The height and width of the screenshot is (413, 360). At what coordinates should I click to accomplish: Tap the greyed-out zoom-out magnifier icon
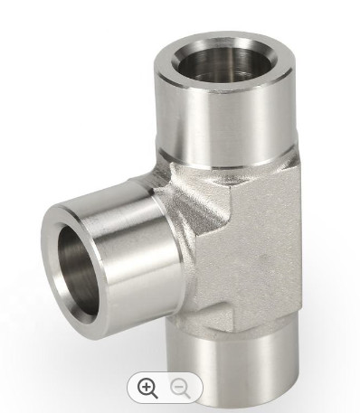182,388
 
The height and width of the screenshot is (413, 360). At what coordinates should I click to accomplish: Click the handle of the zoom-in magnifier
155,395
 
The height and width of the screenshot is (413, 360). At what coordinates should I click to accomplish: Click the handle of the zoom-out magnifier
188,395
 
